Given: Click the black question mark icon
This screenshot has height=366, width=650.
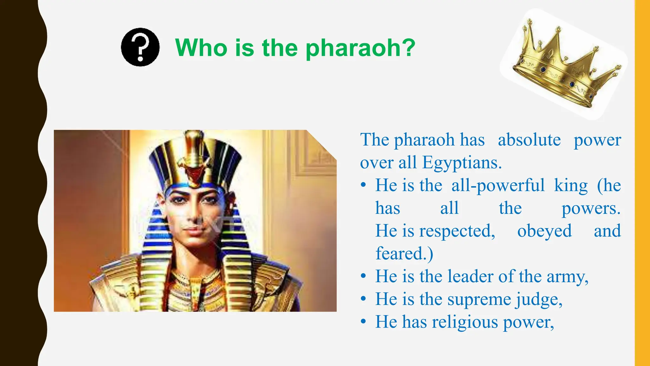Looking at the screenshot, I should coord(140,47).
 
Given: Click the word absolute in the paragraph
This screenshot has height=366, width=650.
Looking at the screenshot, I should coord(529,140).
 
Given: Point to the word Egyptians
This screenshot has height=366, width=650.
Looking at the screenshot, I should coord(462,163).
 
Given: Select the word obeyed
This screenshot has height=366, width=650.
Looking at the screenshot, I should coord(544,231).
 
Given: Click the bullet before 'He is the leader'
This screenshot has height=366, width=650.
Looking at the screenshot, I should coord(364,276).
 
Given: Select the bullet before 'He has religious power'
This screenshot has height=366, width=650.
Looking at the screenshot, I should coord(364,322).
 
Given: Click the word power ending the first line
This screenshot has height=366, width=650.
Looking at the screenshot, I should coord(597,140).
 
